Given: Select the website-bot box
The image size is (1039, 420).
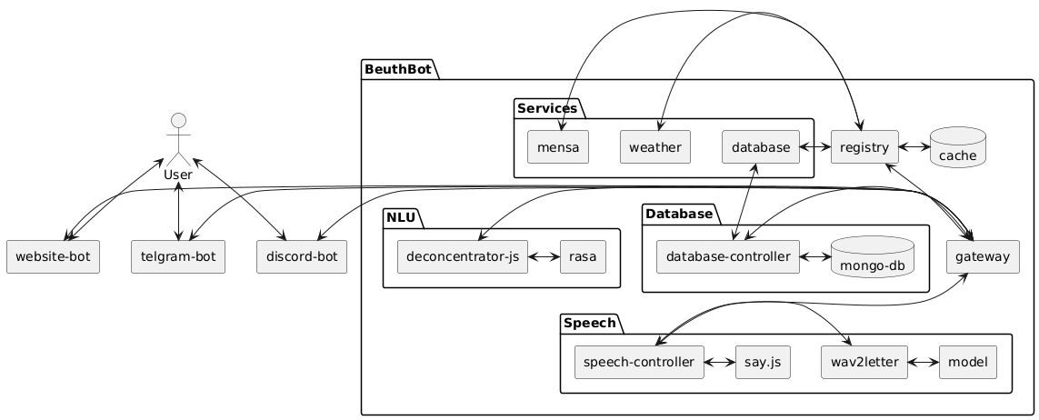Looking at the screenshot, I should (52, 257).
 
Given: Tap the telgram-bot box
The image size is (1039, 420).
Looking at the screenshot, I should (177, 257).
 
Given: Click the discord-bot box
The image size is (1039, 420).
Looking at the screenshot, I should (302, 257).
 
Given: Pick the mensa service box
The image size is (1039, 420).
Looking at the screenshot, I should (558, 146).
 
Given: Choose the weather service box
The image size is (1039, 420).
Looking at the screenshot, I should (655, 146).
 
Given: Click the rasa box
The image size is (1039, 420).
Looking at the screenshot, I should (583, 257).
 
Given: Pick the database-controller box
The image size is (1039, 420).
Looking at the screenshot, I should (727, 257).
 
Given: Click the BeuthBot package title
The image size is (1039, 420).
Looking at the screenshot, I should (397, 69).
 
